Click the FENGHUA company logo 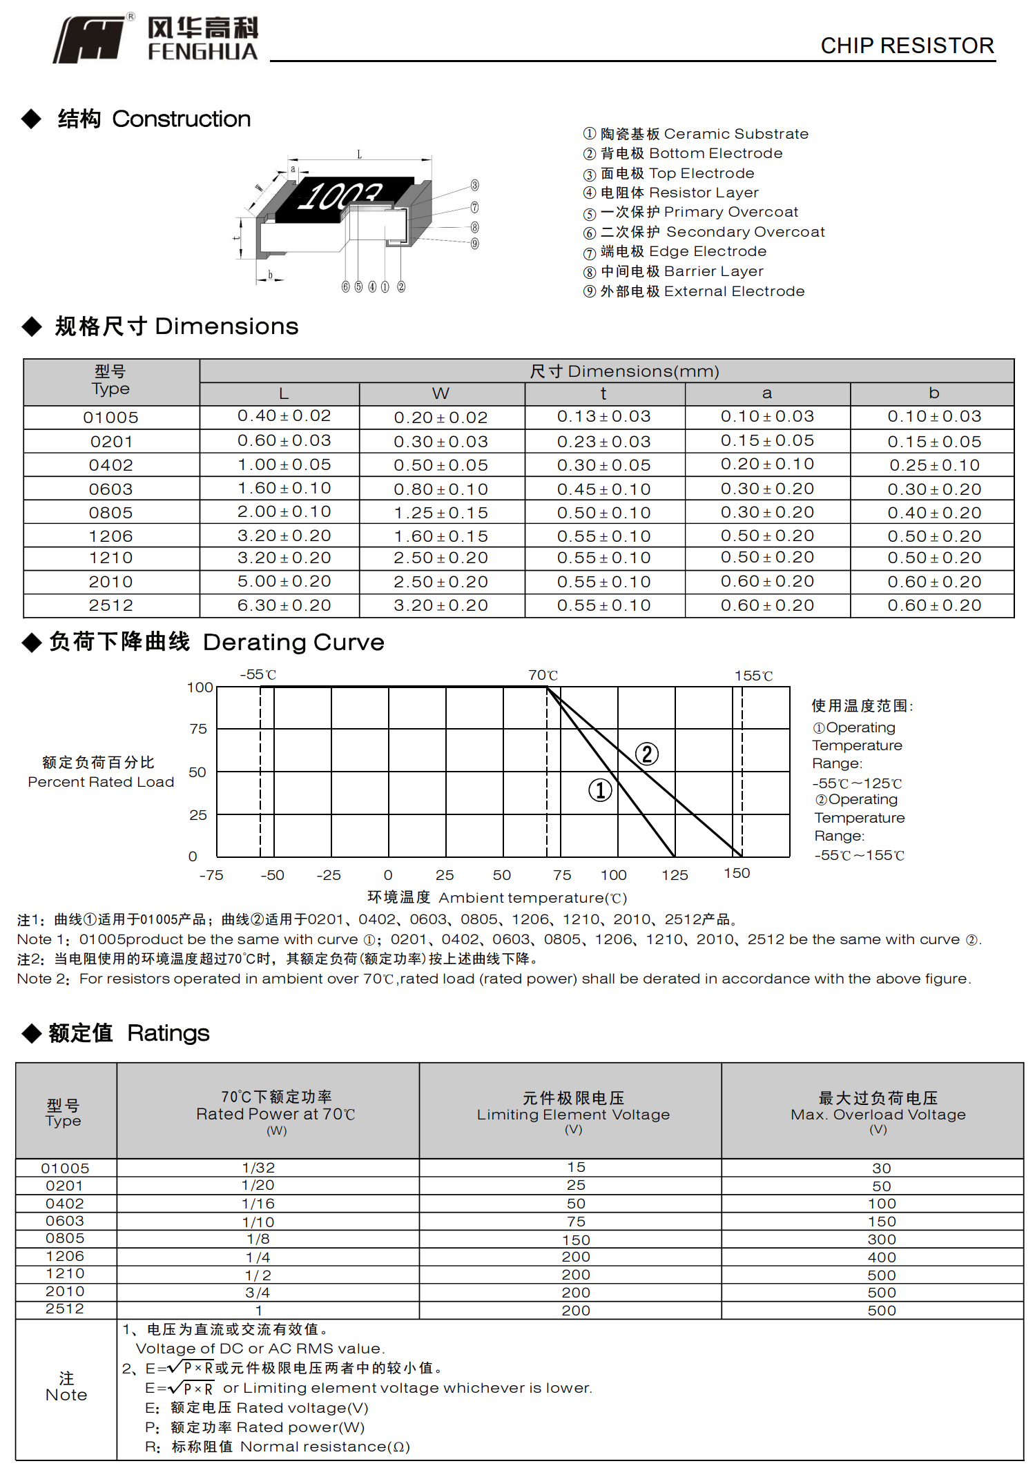(155, 39)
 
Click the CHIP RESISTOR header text (907, 46)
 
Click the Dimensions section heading (176, 326)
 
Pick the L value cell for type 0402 (284, 464)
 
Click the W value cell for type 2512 (441, 605)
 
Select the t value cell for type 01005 (603, 417)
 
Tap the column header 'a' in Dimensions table (766, 393)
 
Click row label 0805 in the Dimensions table (110, 513)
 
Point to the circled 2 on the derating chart (647, 754)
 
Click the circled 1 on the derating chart (600, 790)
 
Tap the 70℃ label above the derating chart (543, 675)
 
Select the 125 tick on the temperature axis (675, 875)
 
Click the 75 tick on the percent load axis (198, 729)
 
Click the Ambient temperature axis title (497, 897)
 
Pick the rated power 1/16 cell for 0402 (258, 1204)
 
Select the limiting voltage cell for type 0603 (576, 1222)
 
